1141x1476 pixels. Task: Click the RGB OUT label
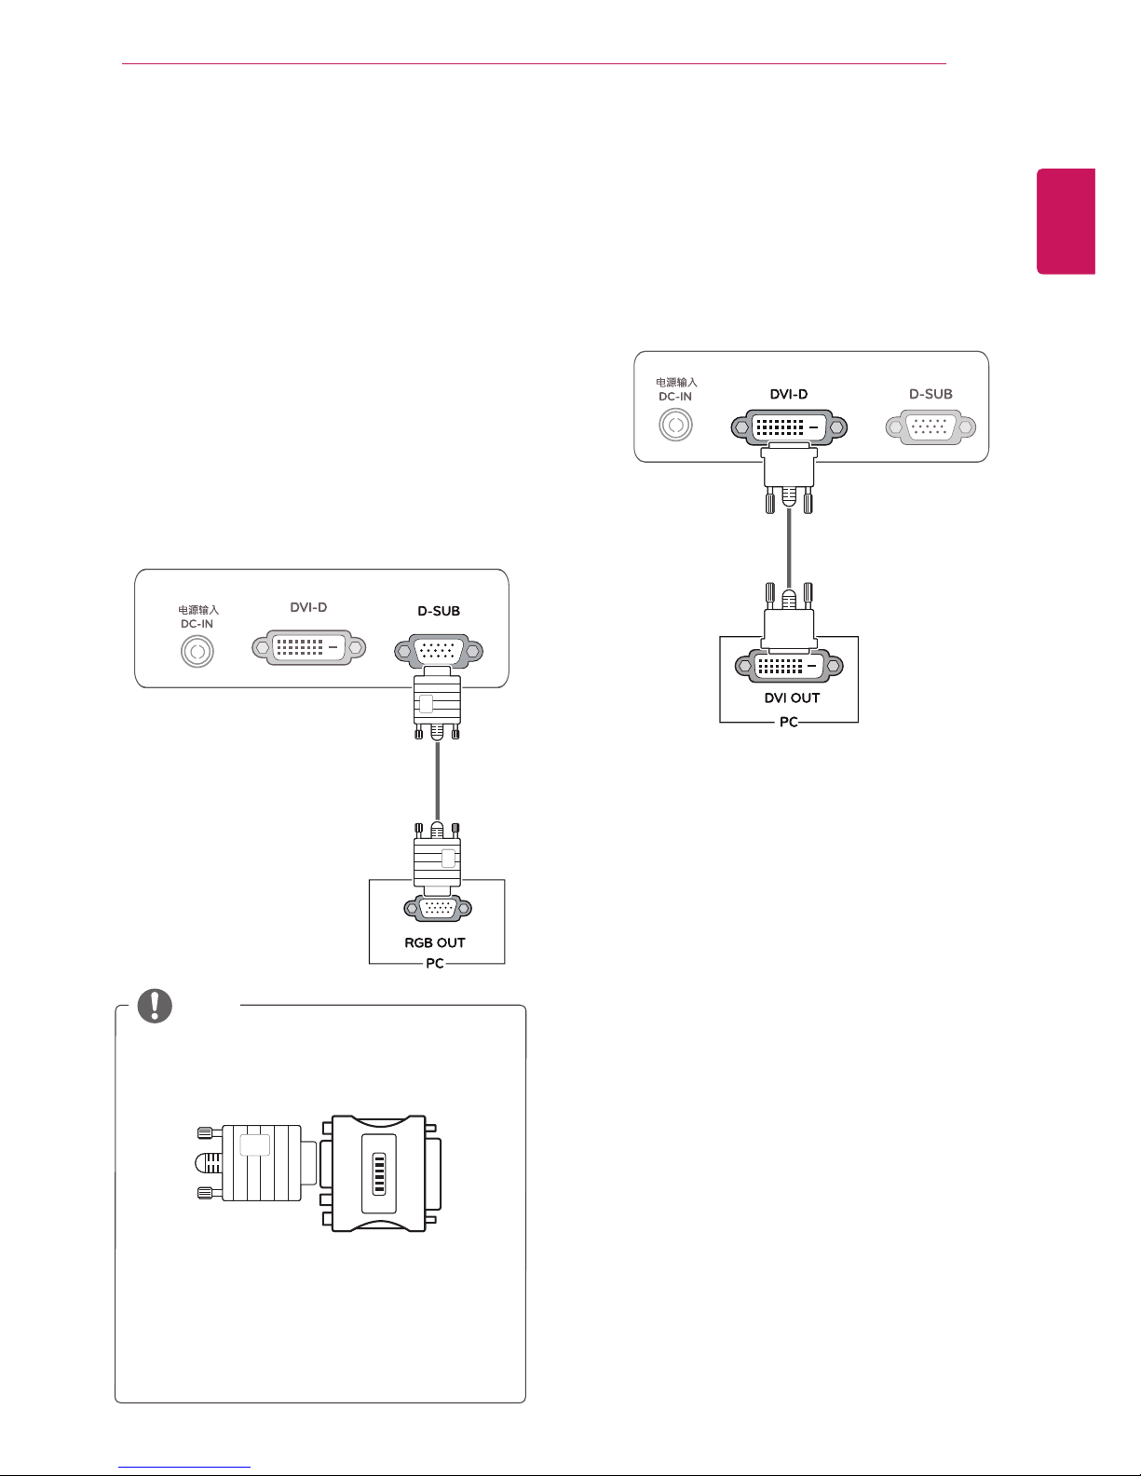[x=435, y=942]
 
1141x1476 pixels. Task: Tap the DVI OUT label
[x=792, y=697]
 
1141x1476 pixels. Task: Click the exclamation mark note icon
[x=155, y=1006]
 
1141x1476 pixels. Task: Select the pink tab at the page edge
[x=1066, y=221]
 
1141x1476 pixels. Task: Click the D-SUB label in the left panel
[x=439, y=611]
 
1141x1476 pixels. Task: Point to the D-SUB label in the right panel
[x=930, y=394]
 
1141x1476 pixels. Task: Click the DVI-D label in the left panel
[x=308, y=606]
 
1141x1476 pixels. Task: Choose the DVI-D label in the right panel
[x=789, y=394]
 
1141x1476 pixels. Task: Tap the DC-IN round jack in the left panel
[x=197, y=652]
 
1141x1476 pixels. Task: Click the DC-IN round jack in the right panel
[x=676, y=426]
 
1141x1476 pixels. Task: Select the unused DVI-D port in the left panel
[x=309, y=647]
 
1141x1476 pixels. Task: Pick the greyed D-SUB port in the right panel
[x=930, y=427]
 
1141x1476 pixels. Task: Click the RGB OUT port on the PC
[x=438, y=908]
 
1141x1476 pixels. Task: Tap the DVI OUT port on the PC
[x=789, y=666]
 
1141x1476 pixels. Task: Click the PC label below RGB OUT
[x=435, y=963]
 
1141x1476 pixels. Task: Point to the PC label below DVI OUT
[x=789, y=722]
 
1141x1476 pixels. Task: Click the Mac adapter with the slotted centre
[x=380, y=1173]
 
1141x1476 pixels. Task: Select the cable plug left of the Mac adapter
[x=257, y=1163]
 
